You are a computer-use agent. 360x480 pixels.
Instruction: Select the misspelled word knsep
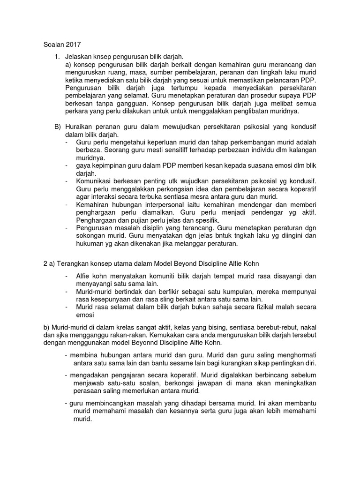106,57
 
